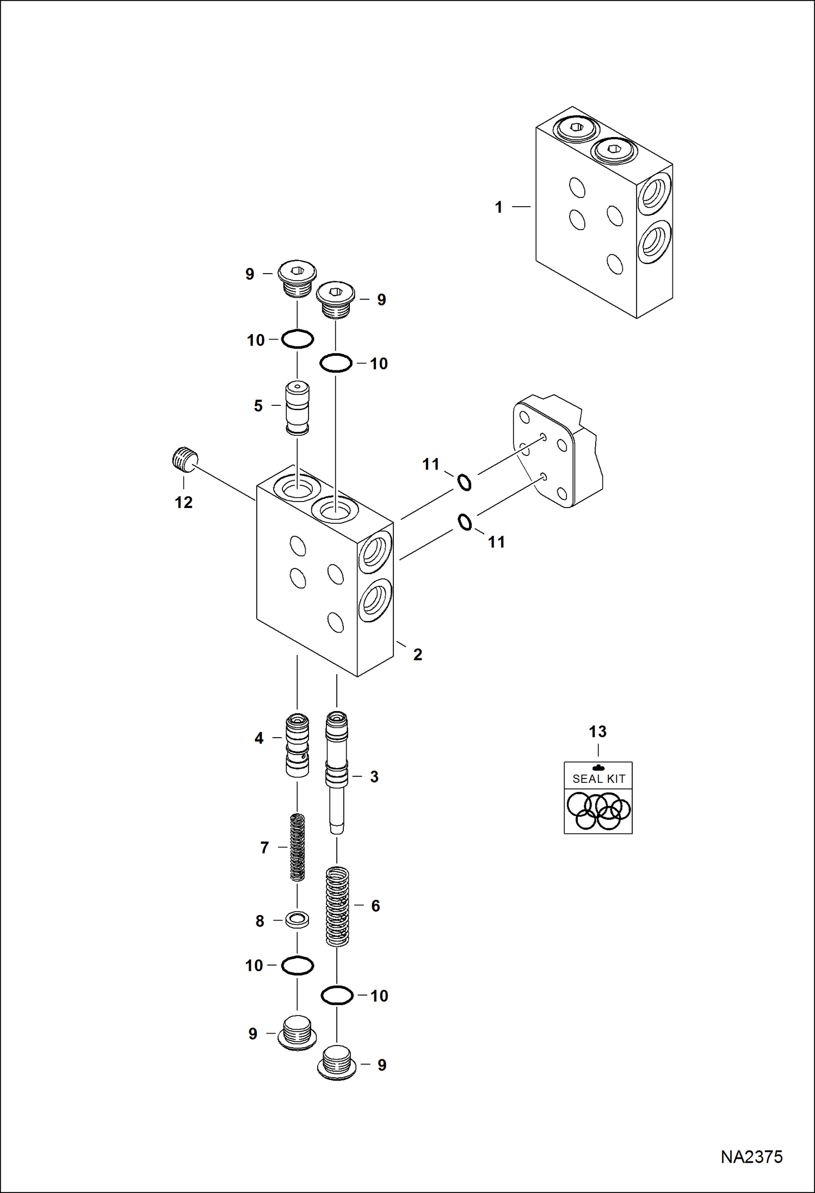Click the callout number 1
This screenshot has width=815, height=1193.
pyautogui.click(x=498, y=207)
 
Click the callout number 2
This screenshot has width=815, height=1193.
pyautogui.click(x=417, y=654)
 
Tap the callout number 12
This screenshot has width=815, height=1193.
pyautogui.click(x=184, y=502)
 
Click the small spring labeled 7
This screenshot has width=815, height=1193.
pyautogui.click(x=297, y=847)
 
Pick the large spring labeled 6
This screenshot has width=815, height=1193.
pyautogui.click(x=337, y=906)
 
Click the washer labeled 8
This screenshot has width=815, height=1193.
pyautogui.click(x=298, y=920)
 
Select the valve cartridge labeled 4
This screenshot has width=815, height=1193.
pyautogui.click(x=297, y=745)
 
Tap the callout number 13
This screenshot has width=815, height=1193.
pyautogui.click(x=597, y=732)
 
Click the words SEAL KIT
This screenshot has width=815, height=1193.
pyautogui.click(x=598, y=779)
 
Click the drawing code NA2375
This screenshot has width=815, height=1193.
pyautogui.click(x=751, y=1157)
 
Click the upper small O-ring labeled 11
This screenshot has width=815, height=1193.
pyautogui.click(x=464, y=482)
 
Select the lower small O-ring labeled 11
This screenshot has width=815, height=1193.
pyautogui.click(x=465, y=522)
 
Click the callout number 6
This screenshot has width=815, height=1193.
pyautogui.click(x=375, y=906)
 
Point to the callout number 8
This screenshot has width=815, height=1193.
pyautogui.click(x=260, y=921)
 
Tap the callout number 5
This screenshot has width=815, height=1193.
pyautogui.click(x=258, y=406)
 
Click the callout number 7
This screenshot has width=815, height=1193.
pyautogui.click(x=264, y=848)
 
